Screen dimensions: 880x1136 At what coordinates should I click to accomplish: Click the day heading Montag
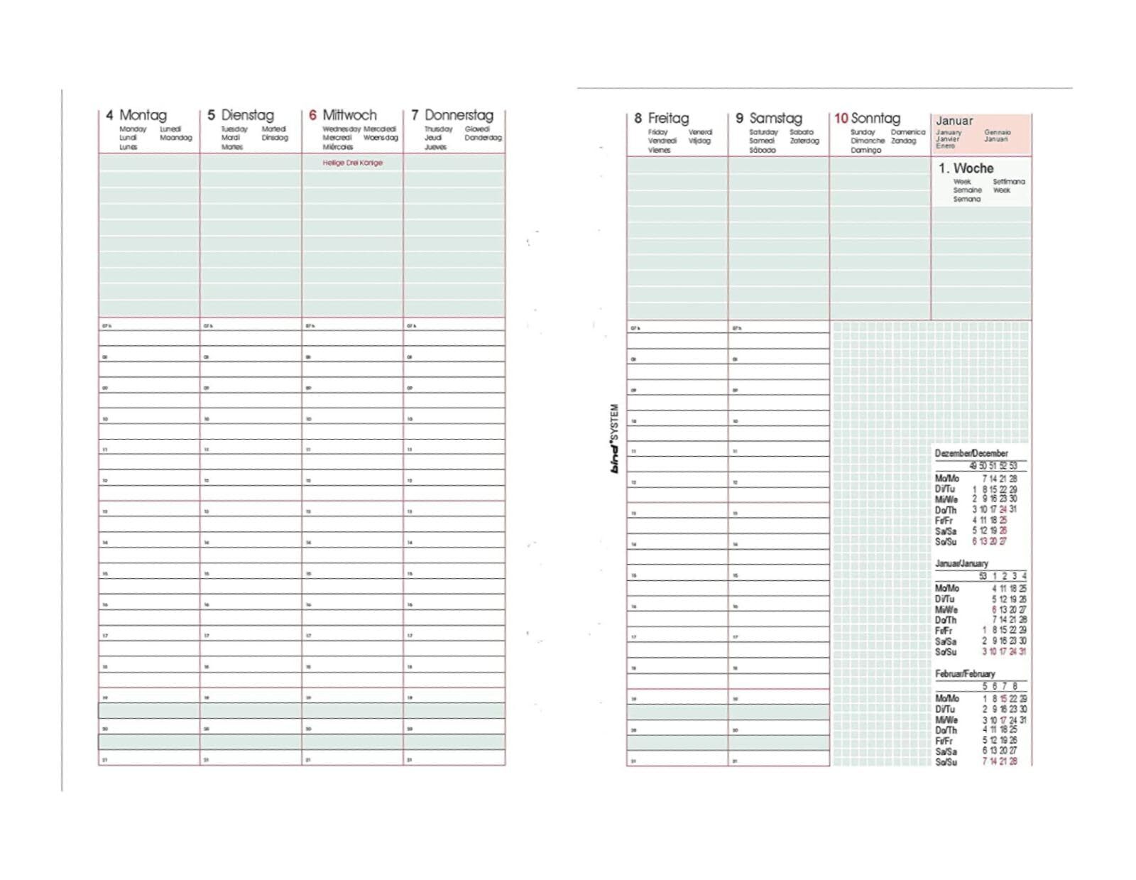(x=143, y=115)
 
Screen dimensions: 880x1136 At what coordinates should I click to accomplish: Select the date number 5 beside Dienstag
(x=211, y=115)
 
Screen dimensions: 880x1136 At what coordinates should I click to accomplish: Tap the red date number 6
(x=312, y=115)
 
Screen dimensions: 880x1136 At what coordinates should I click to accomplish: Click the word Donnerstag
(x=459, y=115)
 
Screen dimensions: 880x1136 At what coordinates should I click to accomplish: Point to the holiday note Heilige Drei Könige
(x=352, y=163)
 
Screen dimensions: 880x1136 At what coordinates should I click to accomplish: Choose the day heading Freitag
(x=668, y=119)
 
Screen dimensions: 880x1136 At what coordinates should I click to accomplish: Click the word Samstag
(x=775, y=119)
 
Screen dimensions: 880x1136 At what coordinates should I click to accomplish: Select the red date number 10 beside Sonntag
(x=841, y=119)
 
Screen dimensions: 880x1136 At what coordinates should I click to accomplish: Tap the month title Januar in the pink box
(x=954, y=121)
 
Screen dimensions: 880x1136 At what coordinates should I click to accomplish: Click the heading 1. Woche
(x=966, y=168)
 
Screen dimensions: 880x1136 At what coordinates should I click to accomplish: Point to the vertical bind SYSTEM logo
(x=615, y=438)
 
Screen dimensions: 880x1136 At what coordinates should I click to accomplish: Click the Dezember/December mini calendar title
(x=971, y=453)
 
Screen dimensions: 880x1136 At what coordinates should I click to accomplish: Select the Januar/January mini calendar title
(x=961, y=563)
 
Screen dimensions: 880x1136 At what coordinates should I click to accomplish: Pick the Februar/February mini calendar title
(x=965, y=673)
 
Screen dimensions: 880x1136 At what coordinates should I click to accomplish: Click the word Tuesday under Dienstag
(x=234, y=129)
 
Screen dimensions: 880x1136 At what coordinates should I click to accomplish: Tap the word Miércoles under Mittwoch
(x=338, y=147)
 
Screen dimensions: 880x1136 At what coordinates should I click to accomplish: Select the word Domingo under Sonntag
(x=865, y=150)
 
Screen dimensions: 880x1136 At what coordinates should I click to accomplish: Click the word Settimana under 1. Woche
(x=1008, y=182)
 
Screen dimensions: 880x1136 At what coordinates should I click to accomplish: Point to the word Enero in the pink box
(x=945, y=146)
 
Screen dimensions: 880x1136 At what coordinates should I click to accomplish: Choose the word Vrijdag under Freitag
(x=699, y=141)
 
